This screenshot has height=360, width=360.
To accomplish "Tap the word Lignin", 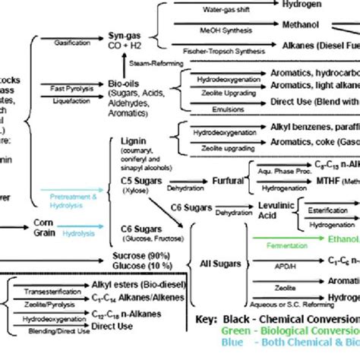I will click(x=129, y=141).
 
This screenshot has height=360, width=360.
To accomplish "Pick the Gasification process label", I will click(x=72, y=43).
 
